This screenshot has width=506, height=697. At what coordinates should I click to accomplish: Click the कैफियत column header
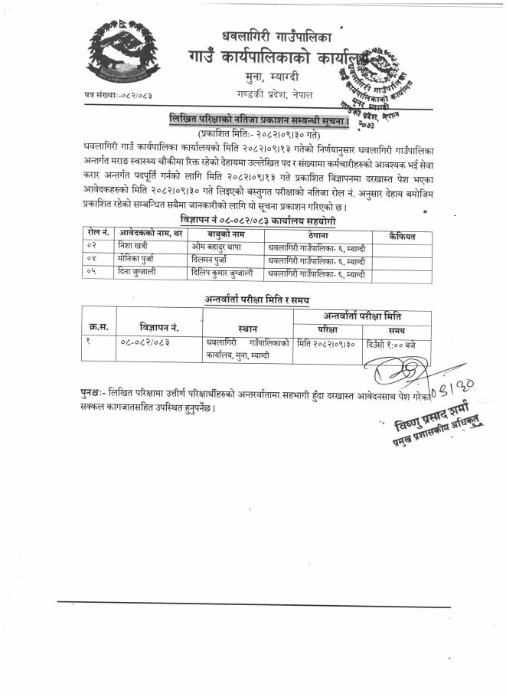(x=401, y=232)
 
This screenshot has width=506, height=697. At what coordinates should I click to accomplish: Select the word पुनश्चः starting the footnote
(x=95, y=391)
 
